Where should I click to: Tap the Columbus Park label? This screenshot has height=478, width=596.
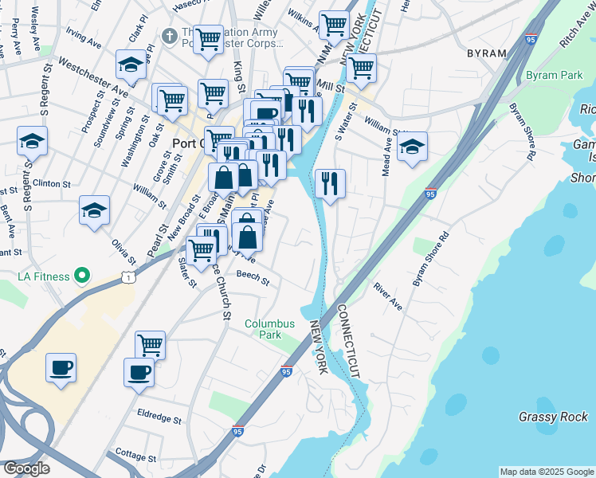[x=269, y=329]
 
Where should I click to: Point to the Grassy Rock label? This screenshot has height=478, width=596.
[x=553, y=417]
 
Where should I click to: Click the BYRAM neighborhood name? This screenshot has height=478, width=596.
[x=487, y=53]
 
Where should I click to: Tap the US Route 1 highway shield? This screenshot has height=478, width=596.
[x=127, y=276]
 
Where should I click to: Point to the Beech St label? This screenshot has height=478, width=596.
[x=253, y=280]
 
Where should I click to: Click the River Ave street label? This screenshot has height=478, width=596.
[x=388, y=296]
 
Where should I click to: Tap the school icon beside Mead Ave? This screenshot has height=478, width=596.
[x=412, y=147]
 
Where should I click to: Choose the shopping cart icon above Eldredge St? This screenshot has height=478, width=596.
[x=150, y=344]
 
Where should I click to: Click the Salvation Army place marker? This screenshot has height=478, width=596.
[x=169, y=37]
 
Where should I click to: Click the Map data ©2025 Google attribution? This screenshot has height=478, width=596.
[x=547, y=472]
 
